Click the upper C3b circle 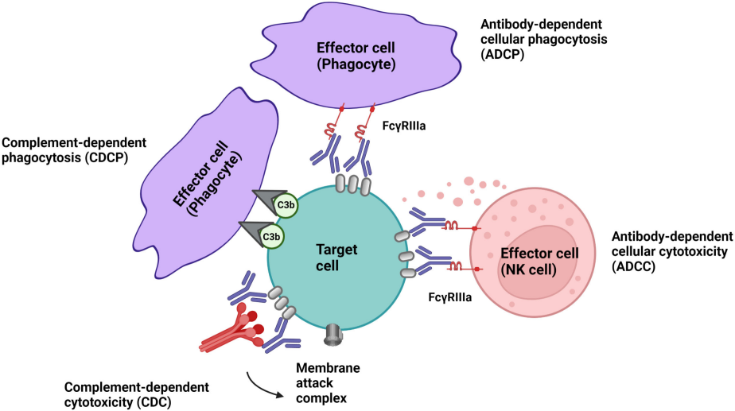tap(286, 206)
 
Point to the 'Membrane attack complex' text tap(328, 384)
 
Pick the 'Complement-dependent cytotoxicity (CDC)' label tap(137, 394)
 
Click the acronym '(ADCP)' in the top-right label tap(503, 56)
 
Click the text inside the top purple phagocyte tap(356, 52)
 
